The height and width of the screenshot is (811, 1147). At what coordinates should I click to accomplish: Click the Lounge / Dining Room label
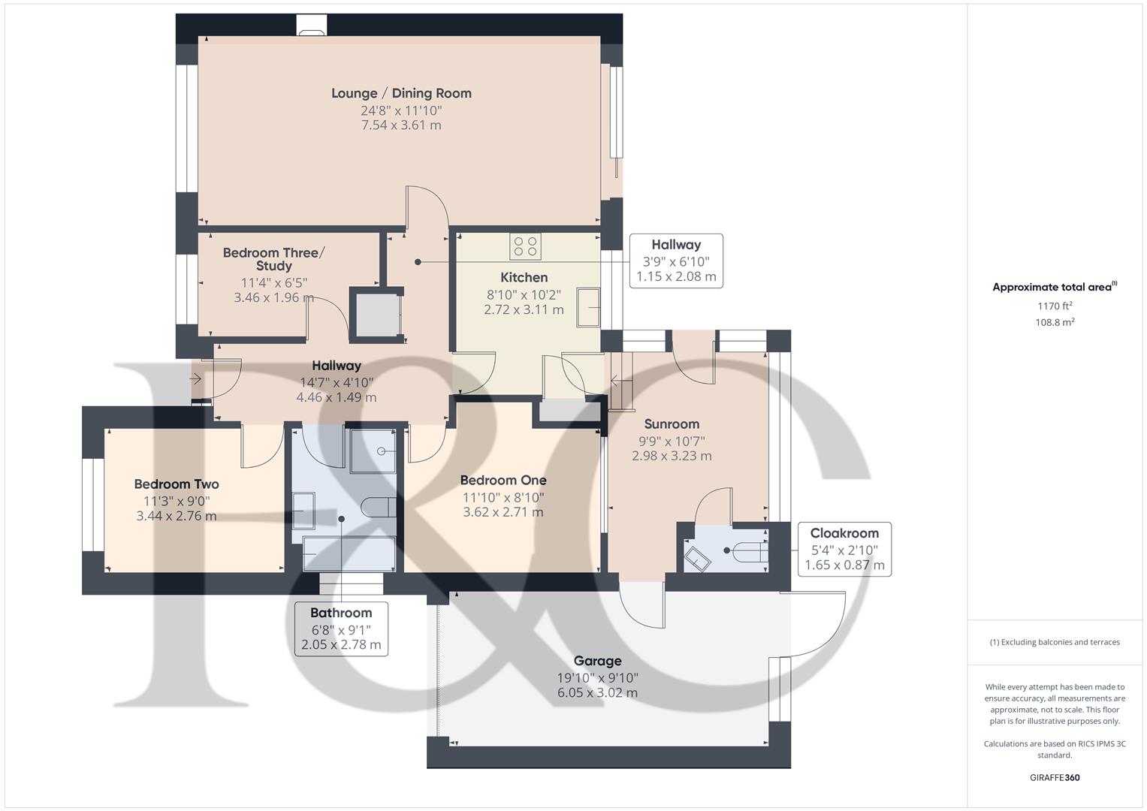pyautogui.click(x=401, y=93)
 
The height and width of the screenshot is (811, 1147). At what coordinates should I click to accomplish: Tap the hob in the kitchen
pyautogui.click(x=525, y=246)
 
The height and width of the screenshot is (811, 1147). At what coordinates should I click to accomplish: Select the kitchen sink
pyautogui.click(x=588, y=307)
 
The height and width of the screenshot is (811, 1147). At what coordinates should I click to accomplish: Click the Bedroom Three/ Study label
pyautogui.click(x=273, y=259)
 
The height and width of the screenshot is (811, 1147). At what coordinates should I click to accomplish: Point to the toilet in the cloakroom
pyautogui.click(x=752, y=552)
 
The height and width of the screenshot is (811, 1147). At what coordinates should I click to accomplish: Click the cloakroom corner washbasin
pyautogui.click(x=697, y=559)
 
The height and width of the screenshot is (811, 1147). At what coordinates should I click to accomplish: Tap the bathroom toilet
pyautogui.click(x=379, y=507)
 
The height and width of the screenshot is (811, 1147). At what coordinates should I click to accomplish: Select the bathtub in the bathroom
pyautogui.click(x=349, y=553)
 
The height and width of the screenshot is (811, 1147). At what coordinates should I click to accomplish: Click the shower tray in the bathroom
pyautogui.click(x=373, y=451)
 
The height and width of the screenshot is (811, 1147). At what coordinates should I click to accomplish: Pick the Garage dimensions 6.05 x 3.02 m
pyautogui.click(x=598, y=692)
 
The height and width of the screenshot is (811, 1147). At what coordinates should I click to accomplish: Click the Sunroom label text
pyautogui.click(x=672, y=424)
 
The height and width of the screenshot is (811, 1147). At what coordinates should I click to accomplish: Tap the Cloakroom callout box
pyautogui.click(x=844, y=549)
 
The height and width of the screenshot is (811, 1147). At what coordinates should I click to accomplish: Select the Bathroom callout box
pyautogui.click(x=341, y=629)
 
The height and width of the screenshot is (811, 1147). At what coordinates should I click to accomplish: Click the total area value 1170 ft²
pyautogui.click(x=1055, y=306)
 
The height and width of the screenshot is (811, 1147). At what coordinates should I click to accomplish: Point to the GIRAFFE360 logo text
pyautogui.click(x=1055, y=777)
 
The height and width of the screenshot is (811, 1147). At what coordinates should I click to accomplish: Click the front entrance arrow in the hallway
pyautogui.click(x=195, y=379)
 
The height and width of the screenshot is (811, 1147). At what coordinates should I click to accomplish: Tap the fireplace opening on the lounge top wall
pyautogui.click(x=311, y=25)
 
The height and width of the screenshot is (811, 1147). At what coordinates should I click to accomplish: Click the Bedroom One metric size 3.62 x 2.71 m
pyautogui.click(x=503, y=512)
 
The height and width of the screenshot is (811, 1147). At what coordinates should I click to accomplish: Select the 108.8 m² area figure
pyautogui.click(x=1055, y=322)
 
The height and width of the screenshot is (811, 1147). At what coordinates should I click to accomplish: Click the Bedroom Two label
pyautogui.click(x=177, y=484)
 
